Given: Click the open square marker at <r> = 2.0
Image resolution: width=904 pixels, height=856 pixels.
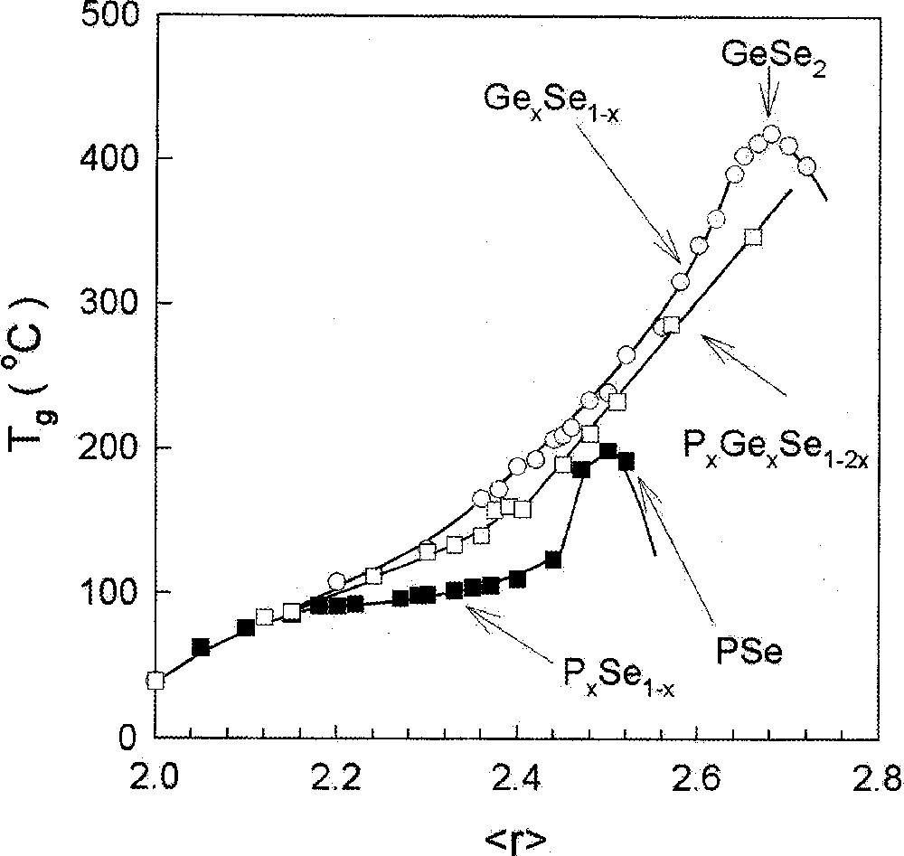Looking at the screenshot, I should tap(155, 681).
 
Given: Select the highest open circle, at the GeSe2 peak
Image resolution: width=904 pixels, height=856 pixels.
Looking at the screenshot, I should tap(771, 135).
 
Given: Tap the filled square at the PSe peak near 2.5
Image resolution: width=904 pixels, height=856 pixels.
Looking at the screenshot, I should tap(608, 451).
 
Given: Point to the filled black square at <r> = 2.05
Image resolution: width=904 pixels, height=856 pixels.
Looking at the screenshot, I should tap(201, 647).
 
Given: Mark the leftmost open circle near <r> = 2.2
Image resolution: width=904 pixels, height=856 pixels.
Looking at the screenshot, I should tap(336, 581).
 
